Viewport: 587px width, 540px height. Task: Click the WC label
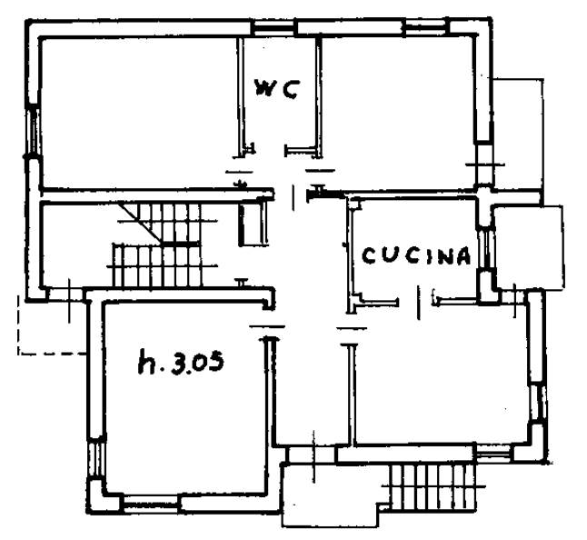pyautogui.click(x=276, y=89)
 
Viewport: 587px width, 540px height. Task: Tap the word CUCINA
pyautogui.click(x=416, y=256)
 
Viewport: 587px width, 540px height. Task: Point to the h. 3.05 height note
pyautogui.click(x=181, y=361)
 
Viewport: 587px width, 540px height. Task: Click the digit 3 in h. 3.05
pyautogui.click(x=180, y=362)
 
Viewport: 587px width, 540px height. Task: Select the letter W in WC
pyautogui.click(x=265, y=89)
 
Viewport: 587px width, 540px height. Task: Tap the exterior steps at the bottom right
pyautogui.click(x=433, y=486)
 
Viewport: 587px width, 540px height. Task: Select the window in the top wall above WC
pyautogui.click(x=274, y=28)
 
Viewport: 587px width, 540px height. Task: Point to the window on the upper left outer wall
pyautogui.click(x=33, y=130)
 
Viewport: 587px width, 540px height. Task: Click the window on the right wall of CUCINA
pyautogui.click(x=486, y=248)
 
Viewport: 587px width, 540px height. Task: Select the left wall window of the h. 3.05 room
pyautogui.click(x=95, y=457)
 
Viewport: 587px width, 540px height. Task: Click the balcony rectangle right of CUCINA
pyautogui.click(x=529, y=247)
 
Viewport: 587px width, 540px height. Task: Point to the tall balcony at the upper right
pyautogui.click(x=519, y=135)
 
